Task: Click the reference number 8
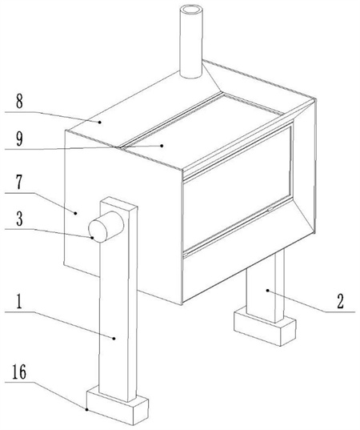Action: click(19, 102)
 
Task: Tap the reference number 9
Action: click(19, 139)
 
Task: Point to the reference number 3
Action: click(19, 219)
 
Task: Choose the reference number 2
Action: click(340, 302)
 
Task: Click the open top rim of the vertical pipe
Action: click(191, 11)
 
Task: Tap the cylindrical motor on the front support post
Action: click(106, 227)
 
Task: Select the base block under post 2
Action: click(265, 326)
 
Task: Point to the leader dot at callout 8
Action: click(100, 123)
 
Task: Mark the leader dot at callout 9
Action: click(162, 146)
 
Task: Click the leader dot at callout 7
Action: click(76, 212)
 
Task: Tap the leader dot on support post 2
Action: click(268, 290)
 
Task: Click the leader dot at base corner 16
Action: click(87, 410)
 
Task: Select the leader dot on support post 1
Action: click(114, 339)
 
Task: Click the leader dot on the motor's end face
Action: click(92, 238)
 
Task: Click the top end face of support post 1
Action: click(118, 203)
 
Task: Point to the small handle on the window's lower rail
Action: click(270, 209)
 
